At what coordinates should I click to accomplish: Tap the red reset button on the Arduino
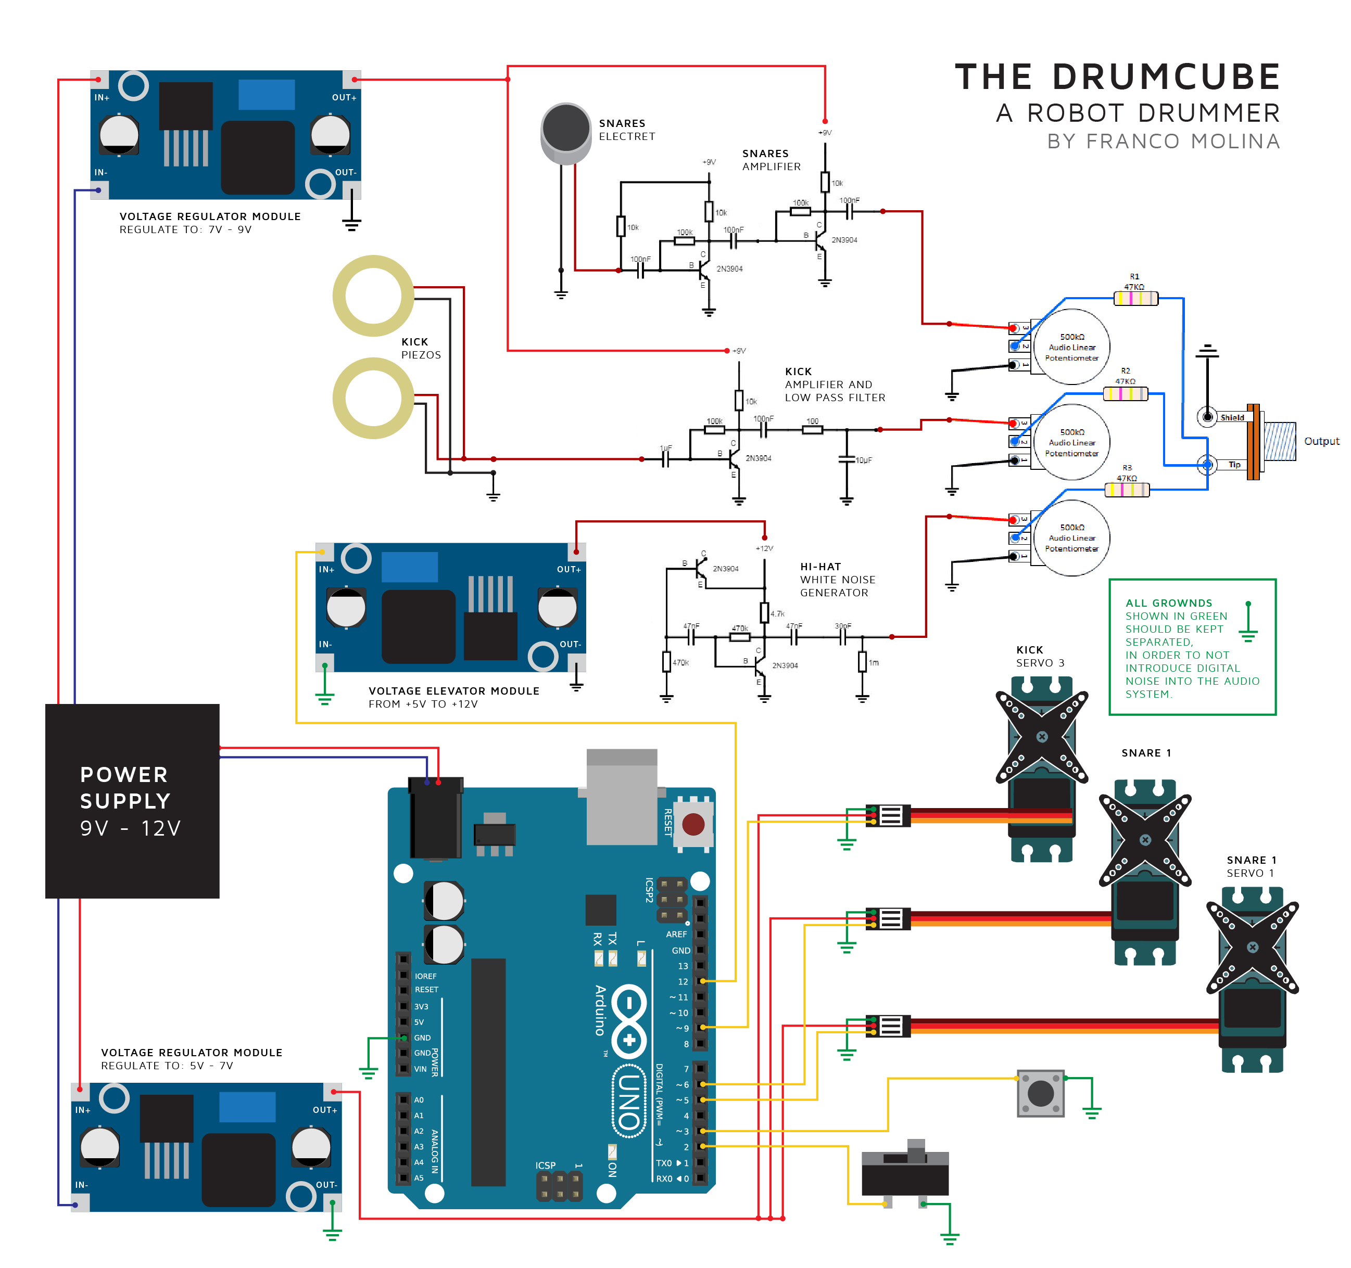click(692, 825)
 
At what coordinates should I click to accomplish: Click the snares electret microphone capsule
click(565, 129)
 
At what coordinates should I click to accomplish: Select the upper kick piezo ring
click(373, 296)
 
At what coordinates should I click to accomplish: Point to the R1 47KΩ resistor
click(1135, 298)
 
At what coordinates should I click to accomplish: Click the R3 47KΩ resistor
click(1127, 490)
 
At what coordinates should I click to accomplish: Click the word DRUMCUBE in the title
click(1166, 76)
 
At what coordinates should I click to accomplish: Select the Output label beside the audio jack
click(1321, 441)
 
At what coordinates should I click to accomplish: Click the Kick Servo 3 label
click(1040, 656)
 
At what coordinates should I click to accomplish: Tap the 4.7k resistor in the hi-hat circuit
click(764, 612)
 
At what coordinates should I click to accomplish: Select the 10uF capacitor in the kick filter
click(847, 460)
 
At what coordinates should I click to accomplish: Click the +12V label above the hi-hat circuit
click(764, 548)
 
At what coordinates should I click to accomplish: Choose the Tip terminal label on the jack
click(1234, 465)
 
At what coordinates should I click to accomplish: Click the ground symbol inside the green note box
click(1248, 623)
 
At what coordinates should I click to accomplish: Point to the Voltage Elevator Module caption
click(453, 690)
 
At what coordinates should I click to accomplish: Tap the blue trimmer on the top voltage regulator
click(267, 94)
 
